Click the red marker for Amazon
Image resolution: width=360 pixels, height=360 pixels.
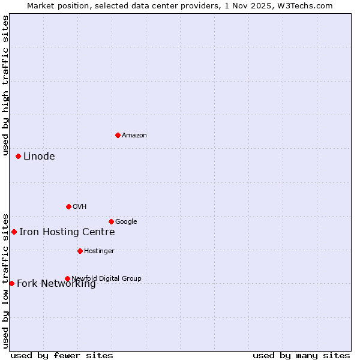coord(118,135)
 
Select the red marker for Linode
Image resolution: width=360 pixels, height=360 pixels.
coord(18,156)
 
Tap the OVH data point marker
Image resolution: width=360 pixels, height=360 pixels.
coord(68,206)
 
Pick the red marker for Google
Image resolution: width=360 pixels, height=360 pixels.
coord(111,221)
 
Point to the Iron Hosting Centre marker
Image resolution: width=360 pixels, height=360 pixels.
coord(14,232)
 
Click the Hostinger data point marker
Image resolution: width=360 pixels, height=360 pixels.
coord(80,251)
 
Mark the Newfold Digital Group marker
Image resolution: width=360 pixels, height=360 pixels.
coord(67,278)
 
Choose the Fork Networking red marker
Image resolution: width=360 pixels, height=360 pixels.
coord(11,283)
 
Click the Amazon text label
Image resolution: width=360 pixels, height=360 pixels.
coord(134,136)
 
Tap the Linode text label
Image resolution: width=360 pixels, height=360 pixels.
coord(39,157)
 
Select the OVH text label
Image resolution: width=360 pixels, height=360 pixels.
coord(79,207)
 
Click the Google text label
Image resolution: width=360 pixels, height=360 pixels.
coord(126,222)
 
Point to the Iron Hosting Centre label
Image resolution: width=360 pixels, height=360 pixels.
coord(67,232)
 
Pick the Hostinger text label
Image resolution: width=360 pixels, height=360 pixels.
coord(99,251)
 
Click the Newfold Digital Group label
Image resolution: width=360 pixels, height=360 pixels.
coord(106,278)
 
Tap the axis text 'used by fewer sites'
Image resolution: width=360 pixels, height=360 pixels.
coord(62,355)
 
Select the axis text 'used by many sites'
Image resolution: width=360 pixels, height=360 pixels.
coord(301,355)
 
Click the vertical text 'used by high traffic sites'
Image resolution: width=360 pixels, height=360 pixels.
coord(5,81)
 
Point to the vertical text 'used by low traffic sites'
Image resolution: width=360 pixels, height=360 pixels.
coord(5,280)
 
